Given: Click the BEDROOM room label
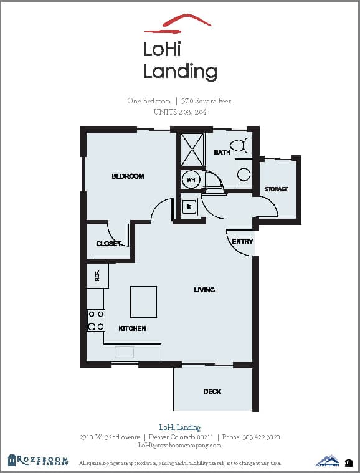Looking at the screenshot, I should coord(128,176).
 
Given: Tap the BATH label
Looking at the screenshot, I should coord(222,152).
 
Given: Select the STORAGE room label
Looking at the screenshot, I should coord(276,189).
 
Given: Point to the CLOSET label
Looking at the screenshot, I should coord(108,244).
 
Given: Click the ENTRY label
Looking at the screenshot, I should coord(242,241).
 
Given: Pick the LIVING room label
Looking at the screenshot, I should coord(204,290).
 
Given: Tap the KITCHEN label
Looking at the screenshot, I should coord(132,328).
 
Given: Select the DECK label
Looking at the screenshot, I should coord(212,391).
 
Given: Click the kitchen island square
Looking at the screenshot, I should coord(143,302).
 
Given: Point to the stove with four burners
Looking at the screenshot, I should coord(96,320).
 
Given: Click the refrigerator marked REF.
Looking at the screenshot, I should coord(98,275).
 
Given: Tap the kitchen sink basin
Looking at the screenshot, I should coord(124,352).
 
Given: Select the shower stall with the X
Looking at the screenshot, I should coord(192,149).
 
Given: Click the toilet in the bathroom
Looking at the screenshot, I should coord(249,146).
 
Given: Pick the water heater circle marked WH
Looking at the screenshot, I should coord(191,179).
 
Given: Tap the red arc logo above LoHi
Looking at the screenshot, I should coord(178,22).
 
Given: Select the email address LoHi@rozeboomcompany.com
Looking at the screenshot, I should coord(179,446).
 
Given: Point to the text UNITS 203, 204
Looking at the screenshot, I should coord(179,112).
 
